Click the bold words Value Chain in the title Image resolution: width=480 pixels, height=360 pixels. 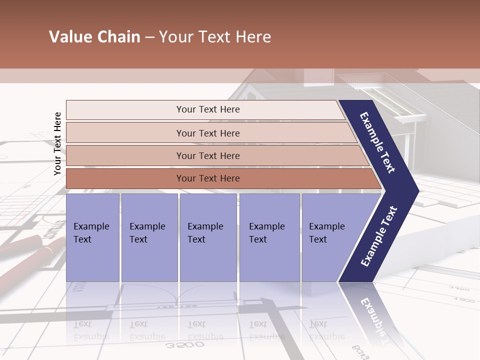point(94,37)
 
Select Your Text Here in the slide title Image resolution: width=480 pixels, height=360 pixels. point(215,37)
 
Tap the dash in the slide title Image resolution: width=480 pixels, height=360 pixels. point(149,37)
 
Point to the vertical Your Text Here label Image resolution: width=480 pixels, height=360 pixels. point(57,143)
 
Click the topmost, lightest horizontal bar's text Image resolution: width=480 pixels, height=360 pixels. point(208,109)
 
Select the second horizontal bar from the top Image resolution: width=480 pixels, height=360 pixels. point(208,133)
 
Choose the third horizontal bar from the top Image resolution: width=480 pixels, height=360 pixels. point(208,155)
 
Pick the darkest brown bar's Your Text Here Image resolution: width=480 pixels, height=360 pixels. point(208,178)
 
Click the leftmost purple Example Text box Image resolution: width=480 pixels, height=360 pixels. point(92,237)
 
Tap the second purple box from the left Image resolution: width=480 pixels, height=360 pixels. point(149,237)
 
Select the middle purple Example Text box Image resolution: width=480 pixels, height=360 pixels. point(207,237)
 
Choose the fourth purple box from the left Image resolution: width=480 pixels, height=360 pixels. point(269,237)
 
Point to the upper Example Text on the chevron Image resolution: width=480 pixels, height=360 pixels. point(378,142)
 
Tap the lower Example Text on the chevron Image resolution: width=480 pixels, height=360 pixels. point(378,236)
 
